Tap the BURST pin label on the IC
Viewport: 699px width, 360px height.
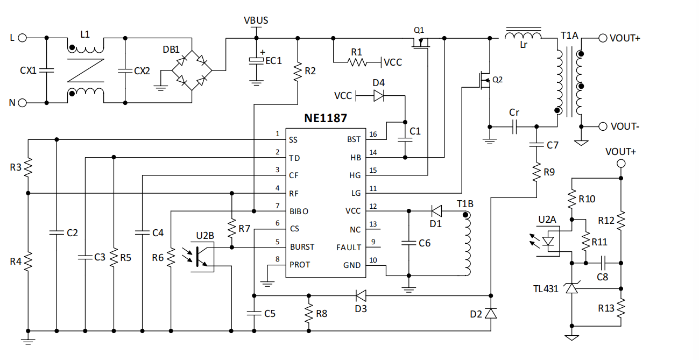point(302,247)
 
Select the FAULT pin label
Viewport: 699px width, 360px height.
point(349,247)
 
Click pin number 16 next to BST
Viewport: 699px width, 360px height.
point(373,134)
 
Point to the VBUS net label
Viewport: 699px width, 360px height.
point(256,20)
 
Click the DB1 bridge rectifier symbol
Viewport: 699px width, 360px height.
point(192,70)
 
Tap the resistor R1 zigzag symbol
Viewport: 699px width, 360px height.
point(356,62)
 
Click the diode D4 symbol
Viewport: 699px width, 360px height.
point(379,96)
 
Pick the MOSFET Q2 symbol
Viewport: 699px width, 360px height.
point(485,80)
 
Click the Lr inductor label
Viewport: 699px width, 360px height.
point(524,45)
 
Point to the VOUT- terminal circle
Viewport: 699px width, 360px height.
point(603,126)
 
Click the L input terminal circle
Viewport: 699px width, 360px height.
point(22,38)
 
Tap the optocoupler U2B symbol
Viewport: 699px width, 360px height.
point(203,256)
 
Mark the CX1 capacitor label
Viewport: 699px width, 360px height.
point(29,70)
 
